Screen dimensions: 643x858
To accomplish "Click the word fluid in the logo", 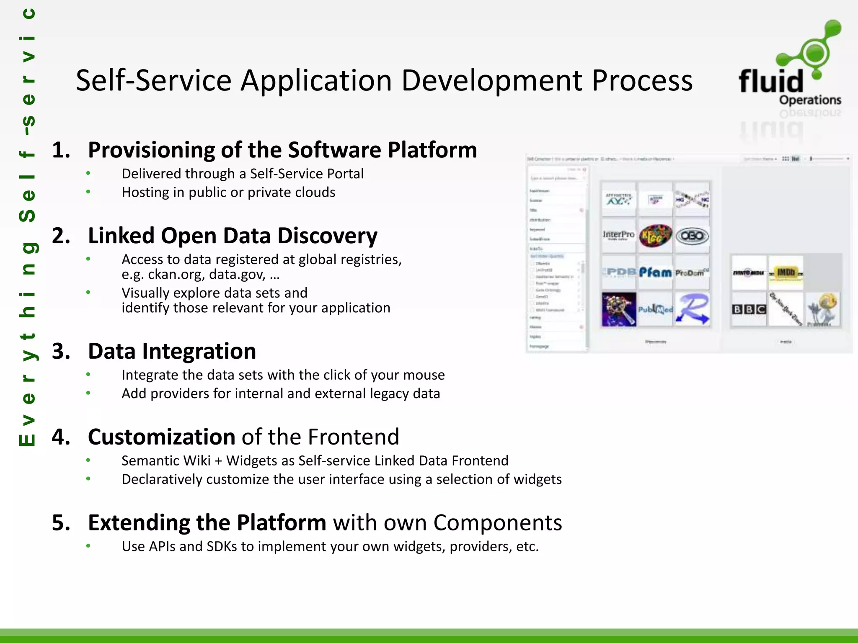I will pos(771,81).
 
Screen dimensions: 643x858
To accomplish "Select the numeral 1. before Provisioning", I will pos(61,150).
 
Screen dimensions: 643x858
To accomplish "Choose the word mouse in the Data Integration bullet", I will pos(424,375).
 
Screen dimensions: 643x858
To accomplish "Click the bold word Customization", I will pos(161,437).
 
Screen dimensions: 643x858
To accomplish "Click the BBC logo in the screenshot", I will pos(749,309).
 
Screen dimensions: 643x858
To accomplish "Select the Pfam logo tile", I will pos(655,273).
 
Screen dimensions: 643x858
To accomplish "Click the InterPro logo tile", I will pos(618,235).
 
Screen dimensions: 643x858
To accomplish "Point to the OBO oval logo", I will pos(692,236).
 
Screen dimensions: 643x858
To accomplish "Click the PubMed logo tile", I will pos(655,309).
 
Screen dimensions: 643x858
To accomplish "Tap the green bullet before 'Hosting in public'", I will pos(88,192).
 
